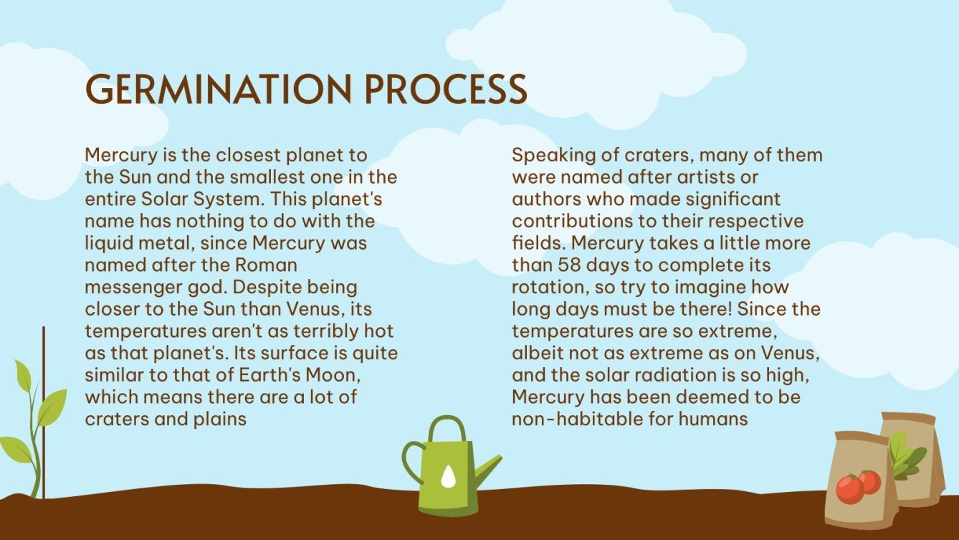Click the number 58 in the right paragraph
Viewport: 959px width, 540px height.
click(x=571, y=265)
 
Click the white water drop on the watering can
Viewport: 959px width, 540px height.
click(x=448, y=475)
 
